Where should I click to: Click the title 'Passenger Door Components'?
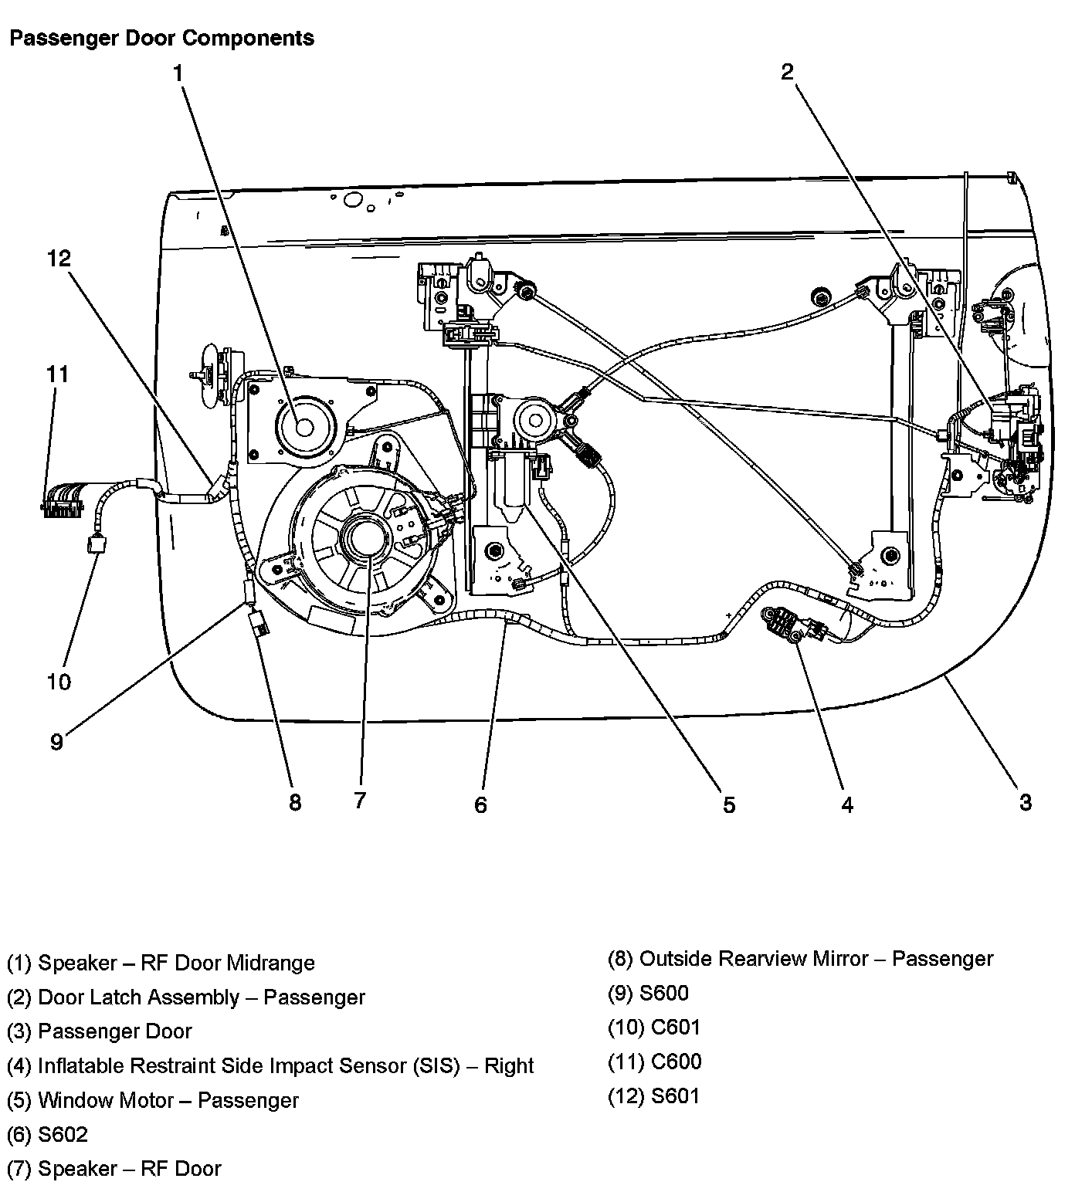(x=161, y=39)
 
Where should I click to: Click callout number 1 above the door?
(x=178, y=74)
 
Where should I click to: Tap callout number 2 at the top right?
(x=787, y=73)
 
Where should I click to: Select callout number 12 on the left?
(x=59, y=258)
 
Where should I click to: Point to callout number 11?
(x=57, y=374)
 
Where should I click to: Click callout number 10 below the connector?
(x=59, y=682)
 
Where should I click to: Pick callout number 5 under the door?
(x=729, y=804)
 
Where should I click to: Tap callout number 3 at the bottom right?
(x=1025, y=802)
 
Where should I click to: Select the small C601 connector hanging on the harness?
(x=97, y=544)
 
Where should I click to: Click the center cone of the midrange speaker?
(x=303, y=428)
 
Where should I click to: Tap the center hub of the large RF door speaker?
(x=365, y=537)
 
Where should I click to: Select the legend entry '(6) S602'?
(x=48, y=1134)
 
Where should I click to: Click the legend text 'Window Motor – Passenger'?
(x=168, y=1100)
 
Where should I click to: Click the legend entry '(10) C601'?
(x=654, y=1028)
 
